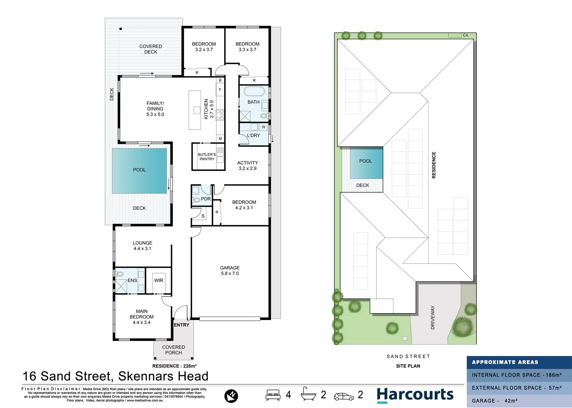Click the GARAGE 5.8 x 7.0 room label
[x=230, y=270]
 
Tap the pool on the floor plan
[x=139, y=170]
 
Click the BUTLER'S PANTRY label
[x=207, y=157]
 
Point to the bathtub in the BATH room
[x=254, y=92]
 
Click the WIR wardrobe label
[x=159, y=280]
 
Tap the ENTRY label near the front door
[x=182, y=325]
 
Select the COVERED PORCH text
[x=173, y=350]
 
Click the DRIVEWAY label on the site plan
[x=433, y=318]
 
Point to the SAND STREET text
[x=408, y=356]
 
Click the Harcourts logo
[x=415, y=395]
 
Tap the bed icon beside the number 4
[x=273, y=395]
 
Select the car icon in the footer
[x=344, y=396]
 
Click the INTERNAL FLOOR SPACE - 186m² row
[x=516, y=375]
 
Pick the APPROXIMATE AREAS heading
[x=505, y=362]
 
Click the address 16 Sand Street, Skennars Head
[x=116, y=376]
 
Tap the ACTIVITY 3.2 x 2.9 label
[x=247, y=165]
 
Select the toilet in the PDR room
[x=196, y=199]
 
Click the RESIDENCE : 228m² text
[x=174, y=366]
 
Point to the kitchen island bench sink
[x=196, y=110]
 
